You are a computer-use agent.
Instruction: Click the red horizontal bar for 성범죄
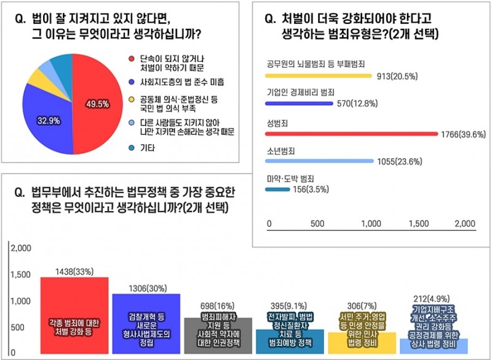pyautogui.click(x=351, y=133)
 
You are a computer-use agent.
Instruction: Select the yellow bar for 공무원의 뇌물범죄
pyautogui.click(x=317, y=76)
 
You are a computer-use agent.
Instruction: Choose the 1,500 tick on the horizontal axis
pyautogui.click(x=418, y=223)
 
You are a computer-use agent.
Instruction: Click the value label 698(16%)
pyautogui.click(x=218, y=306)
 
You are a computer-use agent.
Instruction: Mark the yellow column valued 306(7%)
pyautogui.click(x=362, y=342)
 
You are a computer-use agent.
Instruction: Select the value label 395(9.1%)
pyautogui.click(x=290, y=306)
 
